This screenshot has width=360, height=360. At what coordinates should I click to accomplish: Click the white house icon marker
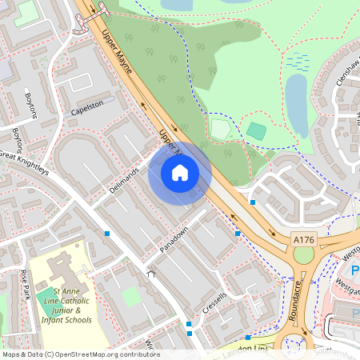point(180,173)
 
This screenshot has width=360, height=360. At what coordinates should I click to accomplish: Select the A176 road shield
point(303,239)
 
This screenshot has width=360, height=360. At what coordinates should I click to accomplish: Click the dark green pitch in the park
point(256,130)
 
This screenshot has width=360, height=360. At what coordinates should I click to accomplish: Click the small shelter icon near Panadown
point(150,273)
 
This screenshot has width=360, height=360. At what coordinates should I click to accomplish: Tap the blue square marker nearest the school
point(107,234)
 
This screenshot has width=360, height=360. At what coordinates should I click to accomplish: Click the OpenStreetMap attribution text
point(81,354)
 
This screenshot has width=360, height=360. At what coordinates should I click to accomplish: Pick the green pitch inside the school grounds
point(133,295)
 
